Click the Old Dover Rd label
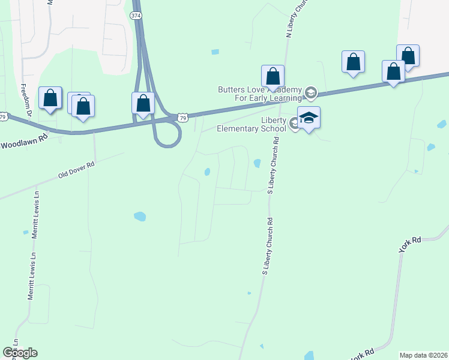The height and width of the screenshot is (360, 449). pos(76,170)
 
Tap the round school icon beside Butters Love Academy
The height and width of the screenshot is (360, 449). pos(310,92)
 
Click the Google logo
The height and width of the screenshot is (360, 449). pos(20,353)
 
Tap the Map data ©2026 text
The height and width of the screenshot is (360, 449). pos(423,355)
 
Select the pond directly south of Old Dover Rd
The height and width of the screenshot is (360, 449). pos(139,216)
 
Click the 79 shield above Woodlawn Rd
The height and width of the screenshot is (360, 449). pos(4,117)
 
